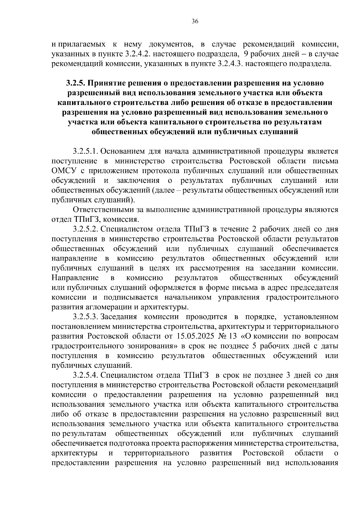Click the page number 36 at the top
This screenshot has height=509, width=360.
195,21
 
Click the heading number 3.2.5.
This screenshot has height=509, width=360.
76,83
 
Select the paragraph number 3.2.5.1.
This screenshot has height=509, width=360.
86,151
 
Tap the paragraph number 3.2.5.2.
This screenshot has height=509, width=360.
86,229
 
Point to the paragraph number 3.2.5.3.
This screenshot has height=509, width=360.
86,317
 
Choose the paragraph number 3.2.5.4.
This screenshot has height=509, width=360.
86,375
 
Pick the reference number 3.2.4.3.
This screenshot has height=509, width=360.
229,64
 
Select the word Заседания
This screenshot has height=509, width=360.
119,317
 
